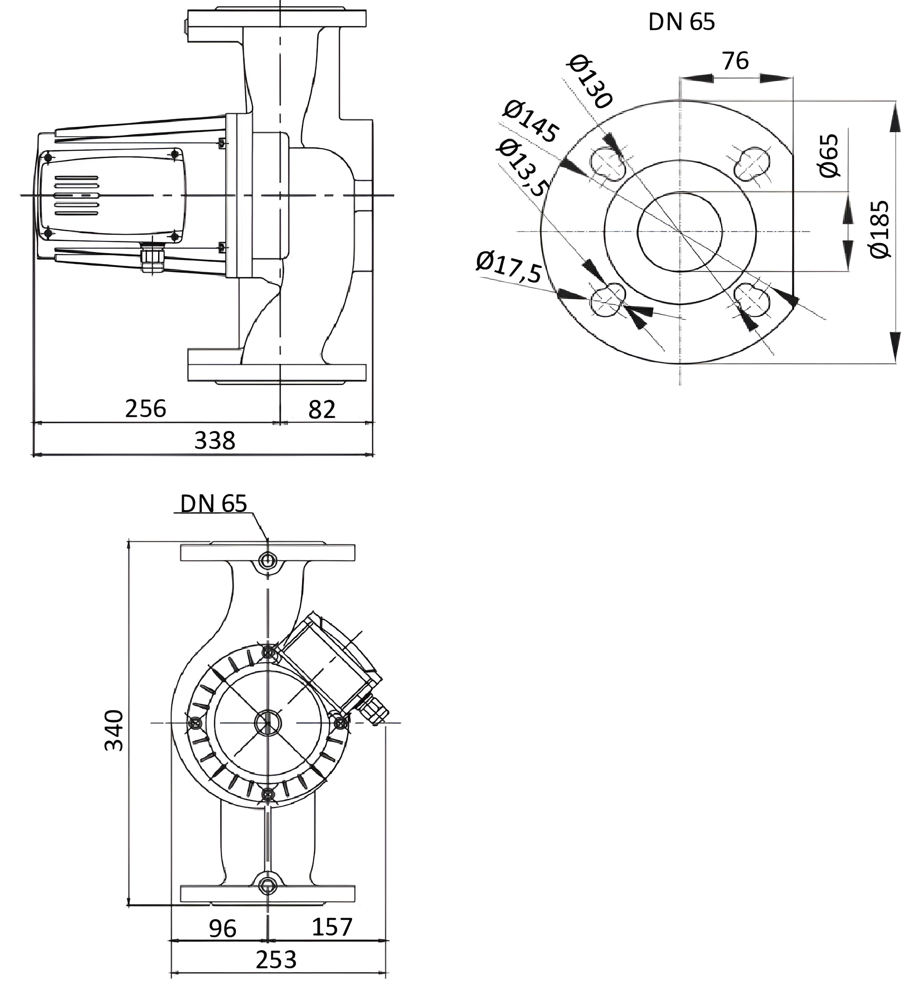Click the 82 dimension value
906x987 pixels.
(x=322, y=410)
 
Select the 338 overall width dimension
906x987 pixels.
(x=215, y=441)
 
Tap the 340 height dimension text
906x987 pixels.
(x=115, y=730)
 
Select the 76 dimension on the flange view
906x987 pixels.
(x=735, y=61)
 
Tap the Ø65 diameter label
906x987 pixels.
(x=829, y=155)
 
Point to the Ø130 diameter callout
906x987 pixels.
(x=590, y=81)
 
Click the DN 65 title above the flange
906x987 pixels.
(x=681, y=22)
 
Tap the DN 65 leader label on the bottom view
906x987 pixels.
(x=214, y=503)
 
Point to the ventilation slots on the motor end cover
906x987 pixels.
(x=76, y=195)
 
